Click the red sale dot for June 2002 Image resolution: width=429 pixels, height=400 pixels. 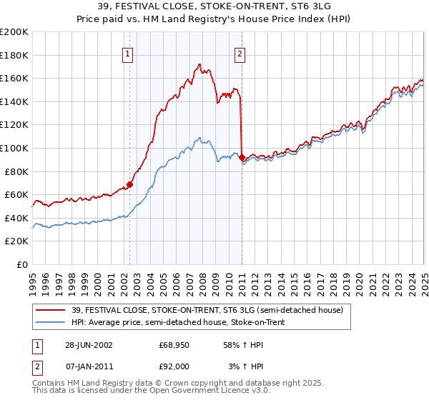click(x=129, y=184)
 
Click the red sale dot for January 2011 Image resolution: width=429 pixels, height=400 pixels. click(x=242, y=157)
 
